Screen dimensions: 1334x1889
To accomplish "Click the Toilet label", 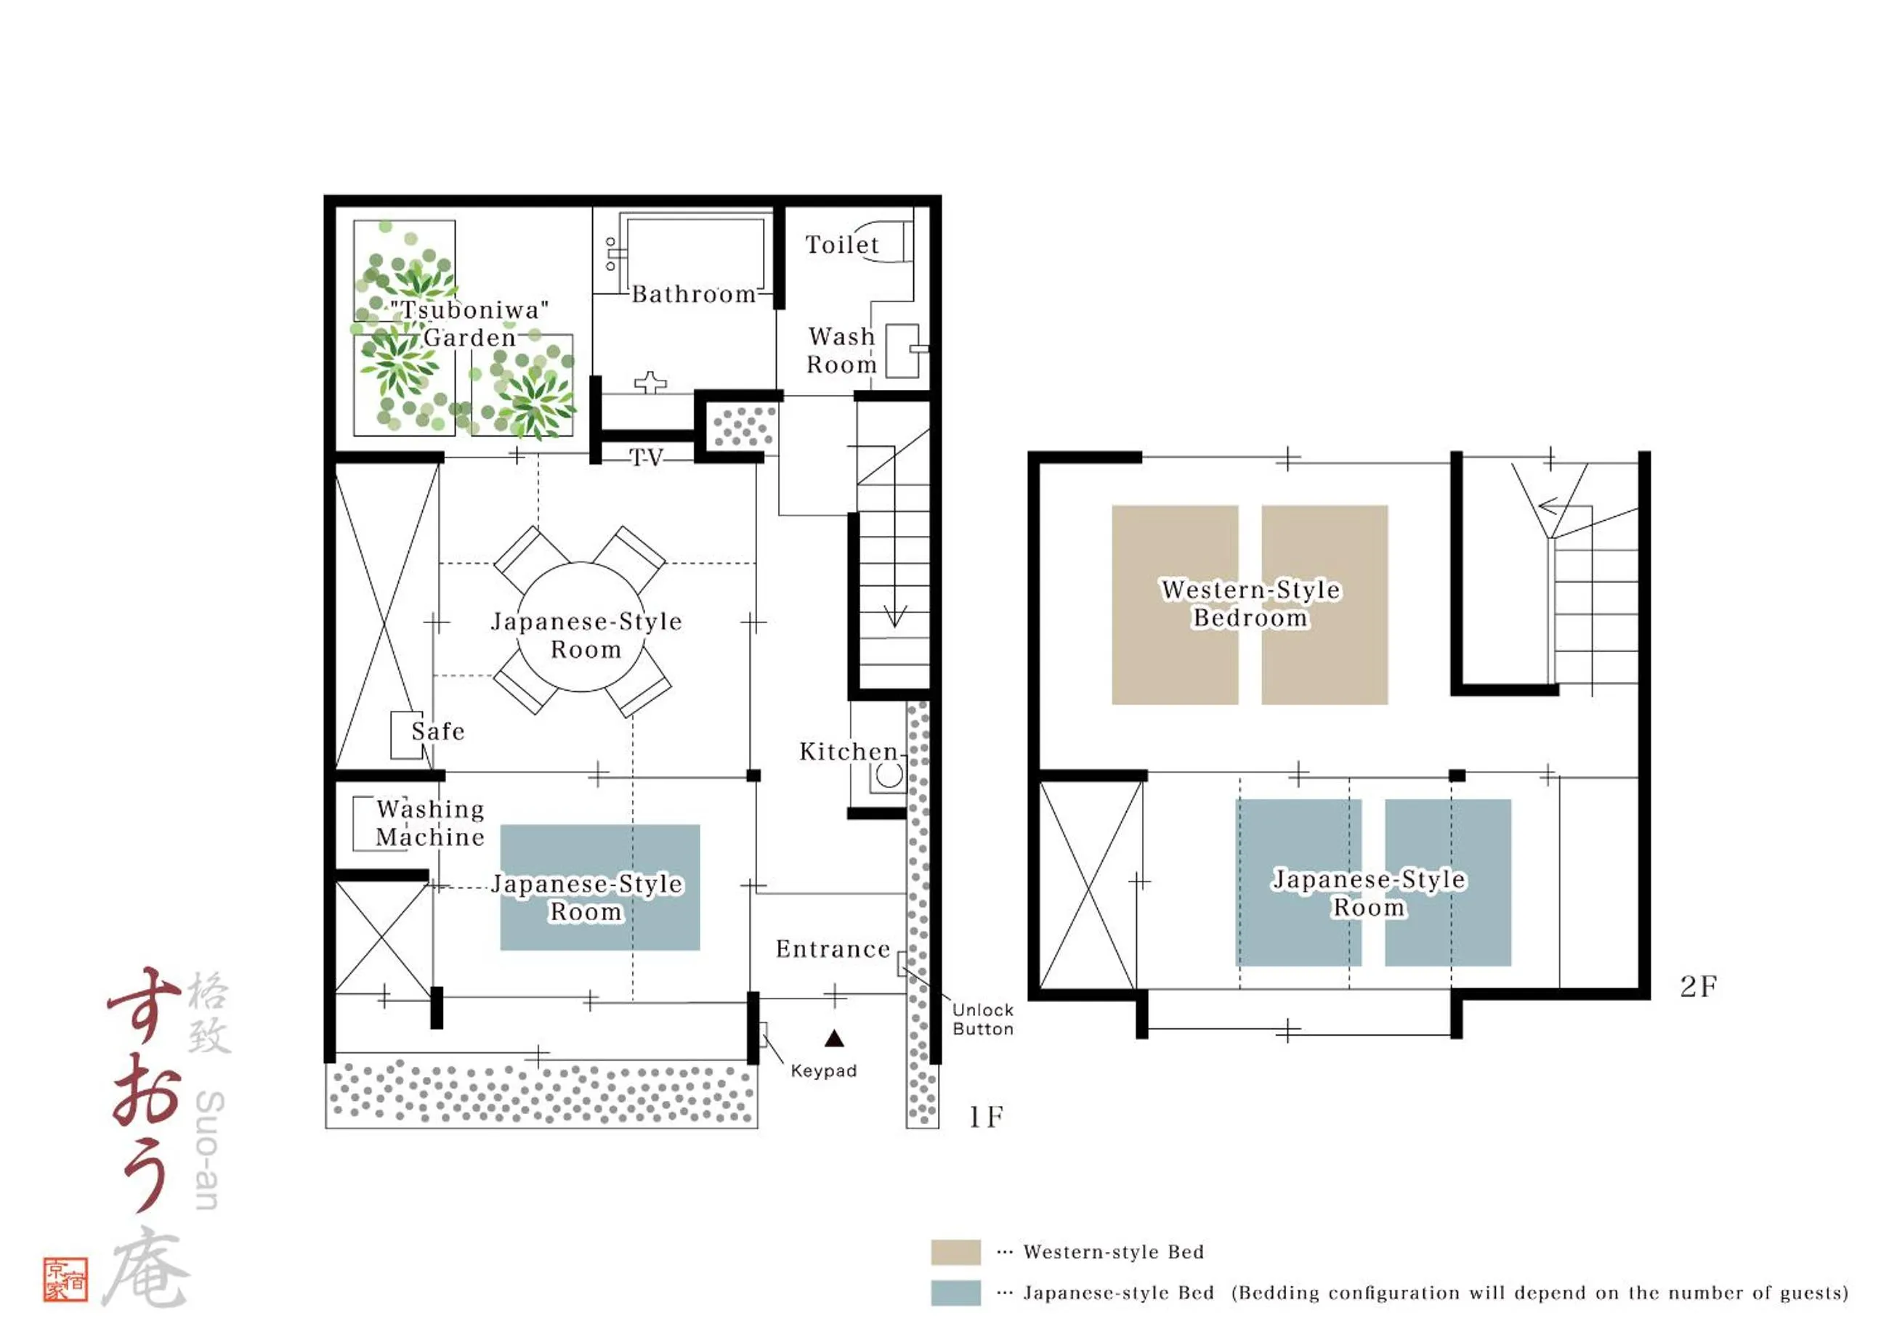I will point(841,245).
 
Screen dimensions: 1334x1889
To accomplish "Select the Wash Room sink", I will point(902,351).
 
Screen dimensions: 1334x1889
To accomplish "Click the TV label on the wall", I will point(646,457).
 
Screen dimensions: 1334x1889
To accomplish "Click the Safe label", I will point(437,731).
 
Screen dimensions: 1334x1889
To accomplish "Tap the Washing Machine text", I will point(430,823).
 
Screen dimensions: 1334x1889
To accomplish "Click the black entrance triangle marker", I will point(834,1038).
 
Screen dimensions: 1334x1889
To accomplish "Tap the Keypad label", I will point(824,1071).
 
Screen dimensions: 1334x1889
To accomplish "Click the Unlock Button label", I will point(982,1019).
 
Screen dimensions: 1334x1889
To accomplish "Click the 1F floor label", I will point(986,1117).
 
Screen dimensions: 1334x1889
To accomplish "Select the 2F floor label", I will point(1698,986).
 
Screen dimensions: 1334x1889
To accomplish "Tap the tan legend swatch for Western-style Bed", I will point(955,1252).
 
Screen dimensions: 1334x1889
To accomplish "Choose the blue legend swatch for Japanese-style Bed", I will point(955,1293).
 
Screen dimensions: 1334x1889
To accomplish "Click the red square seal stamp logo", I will point(66,1280).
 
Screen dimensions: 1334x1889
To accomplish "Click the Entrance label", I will point(833,949).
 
